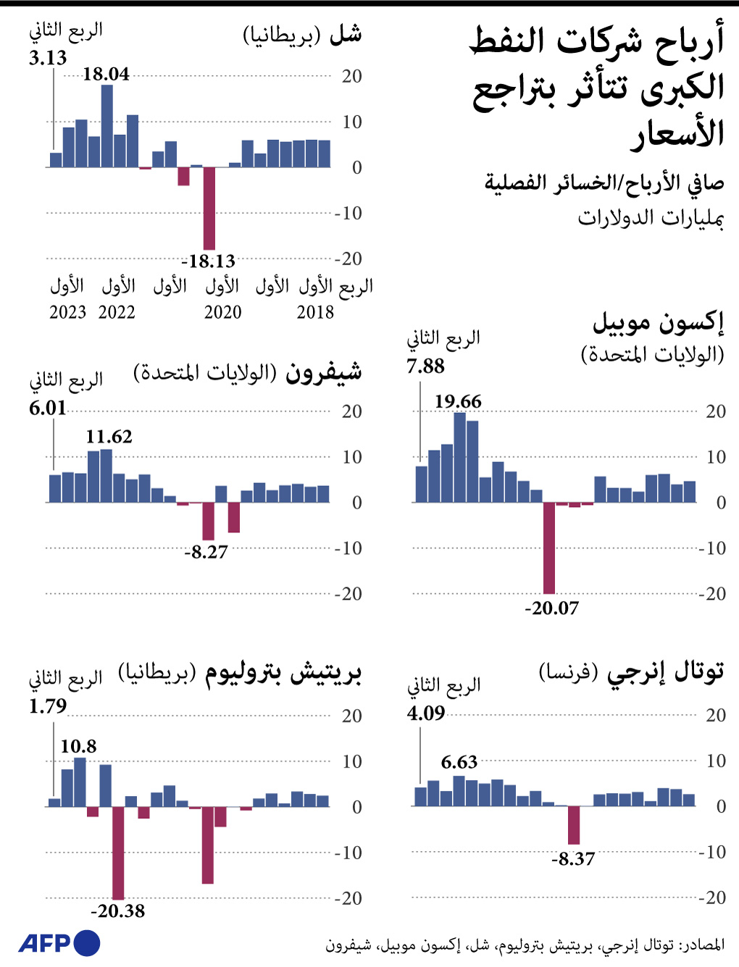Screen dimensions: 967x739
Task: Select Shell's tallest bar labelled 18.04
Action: click(x=107, y=126)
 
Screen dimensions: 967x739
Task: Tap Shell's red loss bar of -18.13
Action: click(x=209, y=208)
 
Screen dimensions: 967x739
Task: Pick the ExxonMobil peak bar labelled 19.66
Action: click(x=460, y=457)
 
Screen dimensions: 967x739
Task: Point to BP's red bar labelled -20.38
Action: click(x=118, y=853)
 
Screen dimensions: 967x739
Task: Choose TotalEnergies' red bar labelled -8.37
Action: click(x=574, y=825)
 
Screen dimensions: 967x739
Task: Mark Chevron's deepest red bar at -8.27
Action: click(x=209, y=521)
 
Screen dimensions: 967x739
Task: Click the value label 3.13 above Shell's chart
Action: click(x=48, y=58)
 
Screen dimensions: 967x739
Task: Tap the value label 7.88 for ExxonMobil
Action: click(x=425, y=367)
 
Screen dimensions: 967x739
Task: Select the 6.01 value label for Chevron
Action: click(x=48, y=409)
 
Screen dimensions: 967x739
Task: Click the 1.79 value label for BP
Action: click(x=48, y=706)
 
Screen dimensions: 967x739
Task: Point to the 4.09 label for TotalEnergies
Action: click(x=425, y=713)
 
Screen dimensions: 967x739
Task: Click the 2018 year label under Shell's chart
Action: click(x=315, y=312)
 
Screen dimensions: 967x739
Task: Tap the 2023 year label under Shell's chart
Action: click(x=67, y=312)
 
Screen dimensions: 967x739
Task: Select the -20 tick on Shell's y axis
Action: click(x=348, y=259)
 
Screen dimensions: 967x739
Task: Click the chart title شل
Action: click(x=345, y=33)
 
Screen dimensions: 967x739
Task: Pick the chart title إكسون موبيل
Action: click(x=658, y=322)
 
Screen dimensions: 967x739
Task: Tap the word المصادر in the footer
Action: click(x=703, y=945)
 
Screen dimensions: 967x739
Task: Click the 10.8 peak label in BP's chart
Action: click(x=78, y=746)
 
